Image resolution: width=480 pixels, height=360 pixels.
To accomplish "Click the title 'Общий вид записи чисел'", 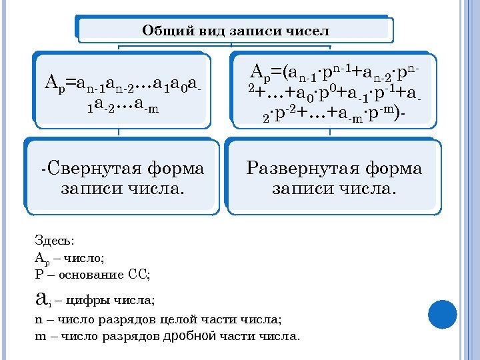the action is [235, 31].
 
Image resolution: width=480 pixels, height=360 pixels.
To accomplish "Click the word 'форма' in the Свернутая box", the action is [175, 168].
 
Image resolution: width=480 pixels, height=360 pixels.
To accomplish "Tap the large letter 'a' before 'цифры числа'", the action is [41, 297].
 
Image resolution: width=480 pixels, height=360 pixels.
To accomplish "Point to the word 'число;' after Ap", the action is [86, 257].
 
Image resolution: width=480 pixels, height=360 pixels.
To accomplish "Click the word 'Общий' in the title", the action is [162, 31].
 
